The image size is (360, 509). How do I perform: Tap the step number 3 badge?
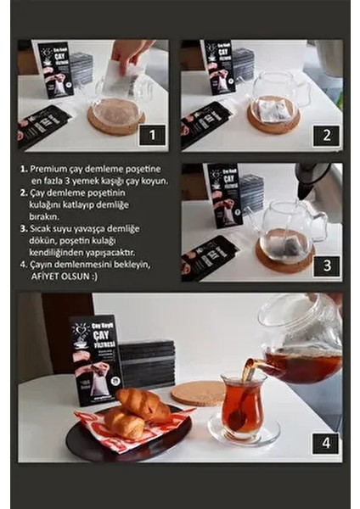pos(325,264)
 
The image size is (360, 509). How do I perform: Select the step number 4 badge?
pos(325,443)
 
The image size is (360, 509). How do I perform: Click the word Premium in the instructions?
pos(49,170)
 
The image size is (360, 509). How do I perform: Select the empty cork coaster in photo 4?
pos(197,393)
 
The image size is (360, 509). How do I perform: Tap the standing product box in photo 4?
pos(95,359)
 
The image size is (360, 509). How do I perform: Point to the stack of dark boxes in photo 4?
pos(147,362)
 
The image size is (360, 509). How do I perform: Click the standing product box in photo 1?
pos(55,70)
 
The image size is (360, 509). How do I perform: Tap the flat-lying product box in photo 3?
pos(208,257)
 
